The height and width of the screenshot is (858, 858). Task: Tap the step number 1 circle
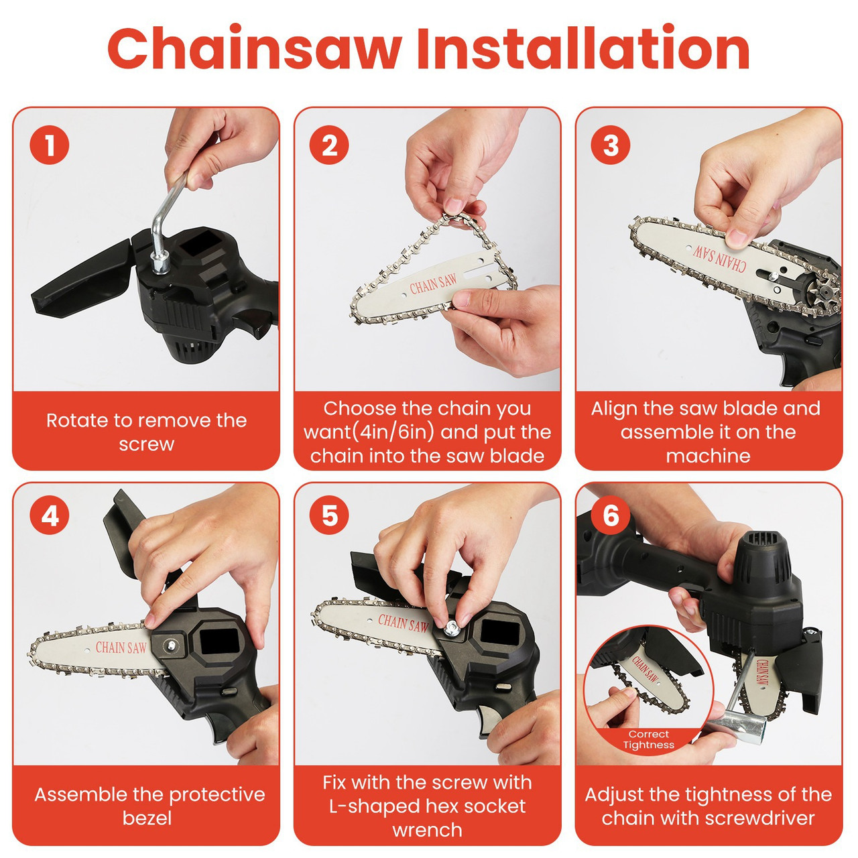click(49, 145)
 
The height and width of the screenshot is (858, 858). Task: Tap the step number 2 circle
click(329, 145)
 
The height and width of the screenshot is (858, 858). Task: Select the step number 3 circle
click(611, 145)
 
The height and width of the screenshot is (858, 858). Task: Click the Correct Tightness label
click(648, 739)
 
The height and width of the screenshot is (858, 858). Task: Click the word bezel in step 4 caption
click(147, 818)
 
